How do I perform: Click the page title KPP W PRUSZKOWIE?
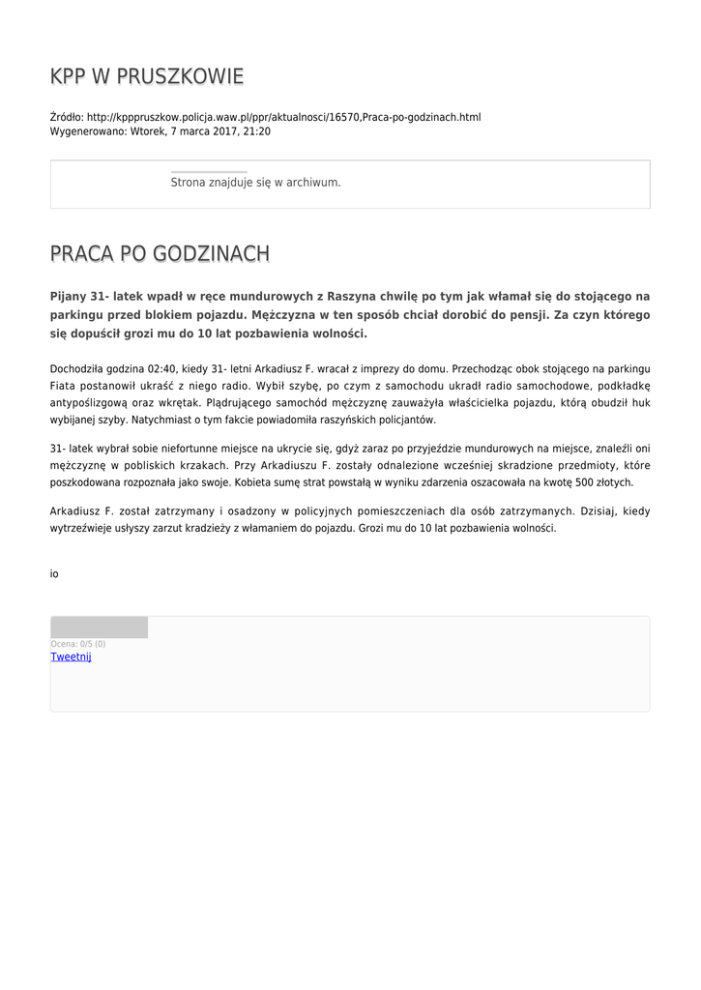tap(147, 76)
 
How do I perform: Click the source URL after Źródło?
tap(283, 117)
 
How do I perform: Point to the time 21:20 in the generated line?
tap(257, 131)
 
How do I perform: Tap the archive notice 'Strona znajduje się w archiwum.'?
tap(255, 182)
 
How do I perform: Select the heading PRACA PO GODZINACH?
tap(160, 254)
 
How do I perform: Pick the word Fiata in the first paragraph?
tap(63, 386)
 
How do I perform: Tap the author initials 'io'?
tap(54, 573)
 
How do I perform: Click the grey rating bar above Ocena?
tap(99, 627)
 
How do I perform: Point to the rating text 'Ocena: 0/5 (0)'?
tap(78, 644)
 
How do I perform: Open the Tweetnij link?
tap(71, 657)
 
